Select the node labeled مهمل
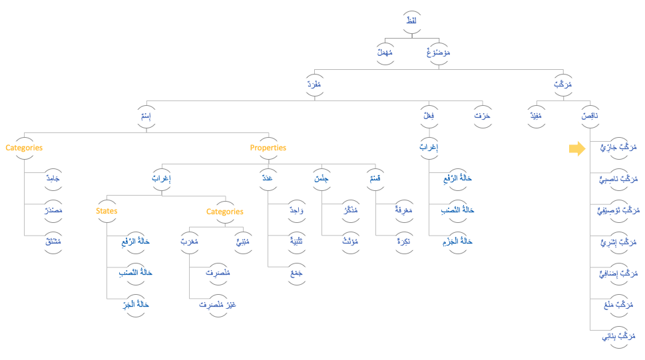pyautogui.click(x=385, y=53)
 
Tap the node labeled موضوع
pyautogui.click(x=437, y=53)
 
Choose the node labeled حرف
pyautogui.click(x=482, y=116)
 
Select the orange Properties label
pyautogui.click(x=268, y=148)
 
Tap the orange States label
pyautogui.click(x=107, y=211)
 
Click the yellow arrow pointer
pyautogui.click(x=576, y=148)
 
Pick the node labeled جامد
pyautogui.click(x=52, y=179)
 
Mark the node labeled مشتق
pyautogui.click(x=52, y=241)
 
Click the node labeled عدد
pyautogui.click(x=268, y=178)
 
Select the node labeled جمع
pyautogui.click(x=296, y=273)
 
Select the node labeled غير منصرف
pyautogui.click(x=218, y=305)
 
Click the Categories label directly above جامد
pyautogui.click(x=24, y=148)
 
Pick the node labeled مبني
pyautogui.click(x=242, y=242)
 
